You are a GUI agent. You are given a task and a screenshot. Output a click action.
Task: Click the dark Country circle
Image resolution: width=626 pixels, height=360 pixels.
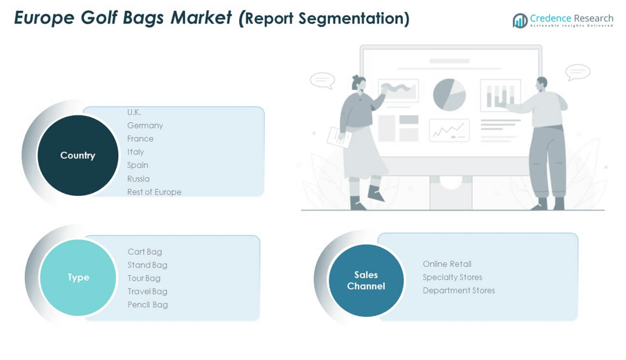[78, 156]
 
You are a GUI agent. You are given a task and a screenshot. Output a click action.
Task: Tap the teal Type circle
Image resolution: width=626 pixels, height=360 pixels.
[78, 278]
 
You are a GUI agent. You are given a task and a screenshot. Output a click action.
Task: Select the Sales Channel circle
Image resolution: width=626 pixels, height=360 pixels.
[366, 281]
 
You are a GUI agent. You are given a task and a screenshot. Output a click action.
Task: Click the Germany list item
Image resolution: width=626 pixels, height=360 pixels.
[145, 126]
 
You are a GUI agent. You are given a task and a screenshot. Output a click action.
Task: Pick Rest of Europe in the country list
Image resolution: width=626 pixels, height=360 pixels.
[154, 192]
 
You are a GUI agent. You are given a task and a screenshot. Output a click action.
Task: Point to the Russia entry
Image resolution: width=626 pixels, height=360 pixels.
[138, 179]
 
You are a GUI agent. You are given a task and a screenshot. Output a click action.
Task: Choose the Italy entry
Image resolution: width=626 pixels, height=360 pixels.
[135, 152]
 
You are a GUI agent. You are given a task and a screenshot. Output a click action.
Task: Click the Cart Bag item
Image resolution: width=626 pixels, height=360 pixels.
[145, 251]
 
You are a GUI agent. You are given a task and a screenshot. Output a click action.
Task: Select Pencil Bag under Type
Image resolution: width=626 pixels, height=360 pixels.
[147, 304]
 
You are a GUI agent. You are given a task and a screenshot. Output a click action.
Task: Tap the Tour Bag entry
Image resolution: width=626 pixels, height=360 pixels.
[143, 278]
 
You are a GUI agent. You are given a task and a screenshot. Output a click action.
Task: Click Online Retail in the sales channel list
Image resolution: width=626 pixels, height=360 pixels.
[447, 264]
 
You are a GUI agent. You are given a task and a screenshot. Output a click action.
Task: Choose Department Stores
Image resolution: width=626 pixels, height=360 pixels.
[458, 291]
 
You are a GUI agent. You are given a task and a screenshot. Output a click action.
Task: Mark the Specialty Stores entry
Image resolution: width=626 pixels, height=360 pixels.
[452, 277]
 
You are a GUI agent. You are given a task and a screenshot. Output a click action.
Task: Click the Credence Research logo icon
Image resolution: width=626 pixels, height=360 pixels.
[520, 20]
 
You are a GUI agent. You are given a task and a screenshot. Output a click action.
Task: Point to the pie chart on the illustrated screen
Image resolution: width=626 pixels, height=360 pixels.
[449, 95]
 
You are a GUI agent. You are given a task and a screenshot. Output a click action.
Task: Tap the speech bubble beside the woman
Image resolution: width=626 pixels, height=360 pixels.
[322, 80]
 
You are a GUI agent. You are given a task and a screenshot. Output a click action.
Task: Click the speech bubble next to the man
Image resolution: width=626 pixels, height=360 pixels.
[578, 72]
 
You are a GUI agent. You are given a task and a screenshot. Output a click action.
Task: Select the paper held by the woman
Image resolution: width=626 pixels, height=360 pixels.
[339, 137]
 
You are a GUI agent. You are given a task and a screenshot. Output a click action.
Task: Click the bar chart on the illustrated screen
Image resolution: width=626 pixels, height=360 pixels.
[501, 95]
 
